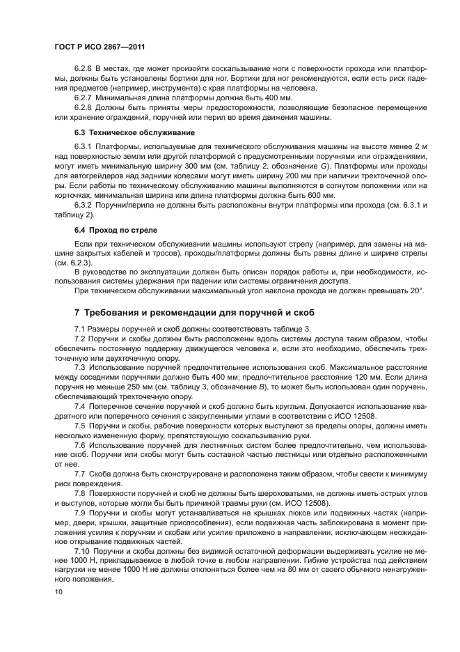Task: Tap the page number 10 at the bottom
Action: (x=58, y=591)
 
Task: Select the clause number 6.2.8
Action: (x=83, y=107)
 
